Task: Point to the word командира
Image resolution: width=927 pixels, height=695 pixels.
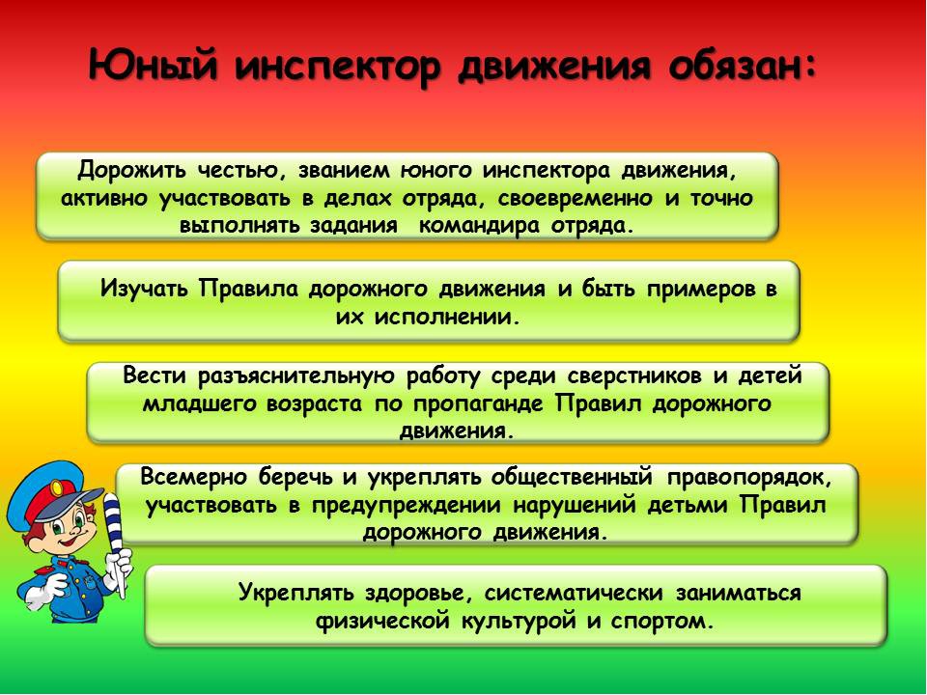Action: (479, 227)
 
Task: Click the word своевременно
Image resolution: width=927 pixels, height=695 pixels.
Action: (576, 199)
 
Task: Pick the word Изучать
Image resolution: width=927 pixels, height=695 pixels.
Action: (144, 290)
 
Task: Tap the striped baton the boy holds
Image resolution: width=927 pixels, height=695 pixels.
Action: (114, 542)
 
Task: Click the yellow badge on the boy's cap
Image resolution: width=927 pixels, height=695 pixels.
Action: (57, 488)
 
